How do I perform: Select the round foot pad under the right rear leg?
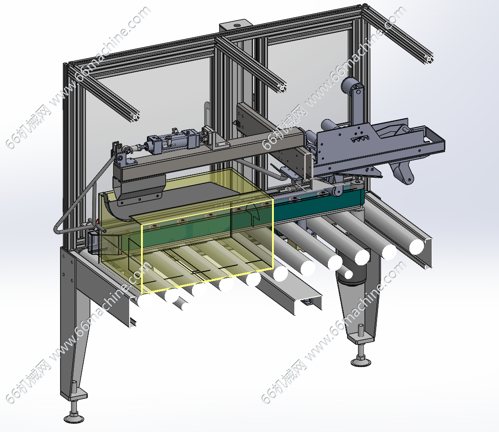361,362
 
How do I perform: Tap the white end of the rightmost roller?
417,247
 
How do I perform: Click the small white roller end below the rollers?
349,274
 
